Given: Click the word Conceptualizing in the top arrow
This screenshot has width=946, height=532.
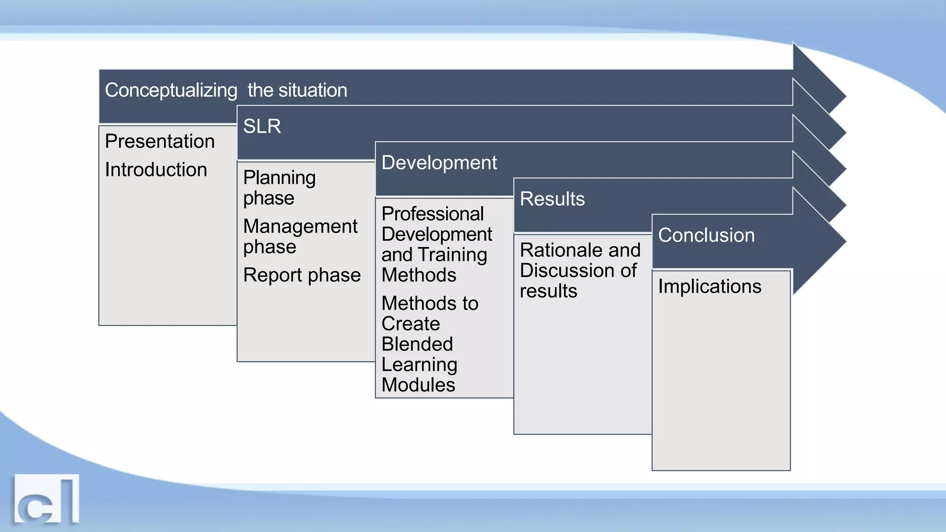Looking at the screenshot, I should tap(171, 91).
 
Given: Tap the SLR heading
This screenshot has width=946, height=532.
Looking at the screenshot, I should tap(262, 126).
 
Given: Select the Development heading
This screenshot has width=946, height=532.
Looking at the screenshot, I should tap(439, 163).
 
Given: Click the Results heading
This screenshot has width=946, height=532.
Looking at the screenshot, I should tap(552, 199).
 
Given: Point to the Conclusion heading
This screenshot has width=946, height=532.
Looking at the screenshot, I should tap(706, 235).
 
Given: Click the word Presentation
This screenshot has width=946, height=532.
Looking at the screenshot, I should tap(159, 141).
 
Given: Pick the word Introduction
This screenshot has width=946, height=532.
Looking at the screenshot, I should tap(156, 169).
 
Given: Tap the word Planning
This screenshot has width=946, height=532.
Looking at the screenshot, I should tap(279, 178).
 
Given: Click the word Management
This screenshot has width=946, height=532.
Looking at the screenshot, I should tap(300, 226).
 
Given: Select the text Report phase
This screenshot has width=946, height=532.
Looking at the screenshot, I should tap(302, 275).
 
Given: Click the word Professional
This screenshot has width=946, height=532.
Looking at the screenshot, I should tap(432, 214).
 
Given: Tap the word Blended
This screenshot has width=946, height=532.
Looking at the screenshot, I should tap(417, 344).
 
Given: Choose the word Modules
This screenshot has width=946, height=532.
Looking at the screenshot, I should tap(418, 385).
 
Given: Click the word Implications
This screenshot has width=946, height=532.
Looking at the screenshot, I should tap(709, 286).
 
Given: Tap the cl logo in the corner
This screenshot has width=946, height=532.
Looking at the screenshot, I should tap(46, 500).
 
